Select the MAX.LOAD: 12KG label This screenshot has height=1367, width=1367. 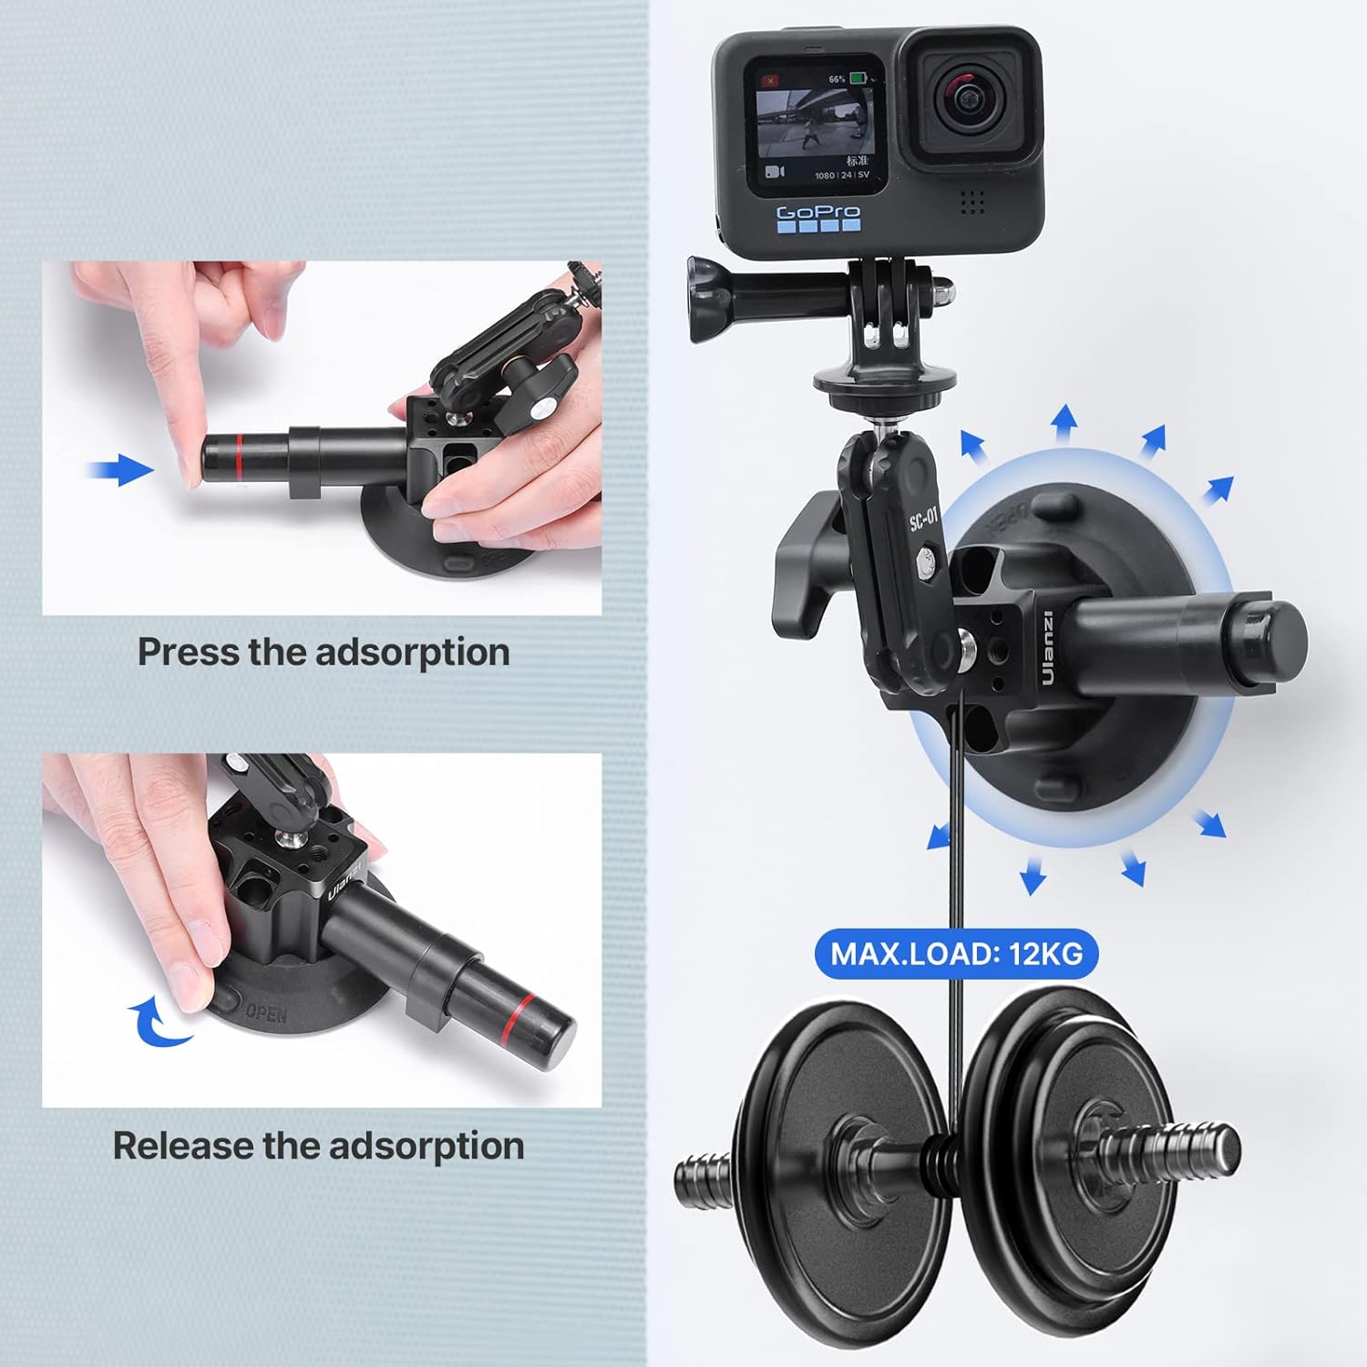(956, 954)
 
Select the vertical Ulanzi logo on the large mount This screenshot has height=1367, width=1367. (1046, 648)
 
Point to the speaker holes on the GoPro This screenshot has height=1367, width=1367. (973, 202)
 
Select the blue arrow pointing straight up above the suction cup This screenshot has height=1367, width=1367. (1064, 425)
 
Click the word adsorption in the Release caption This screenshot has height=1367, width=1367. (427, 1146)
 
